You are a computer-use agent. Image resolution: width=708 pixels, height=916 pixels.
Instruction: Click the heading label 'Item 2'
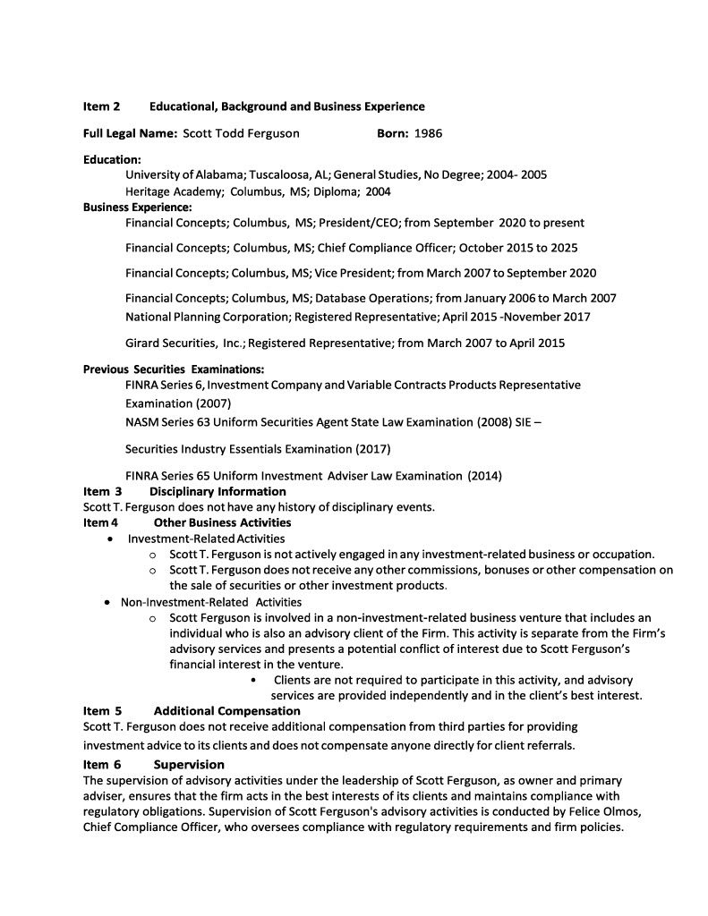101,106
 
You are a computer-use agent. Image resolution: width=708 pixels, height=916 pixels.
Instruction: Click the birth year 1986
428,134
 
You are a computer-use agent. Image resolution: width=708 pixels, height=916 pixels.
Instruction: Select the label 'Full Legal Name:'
130,134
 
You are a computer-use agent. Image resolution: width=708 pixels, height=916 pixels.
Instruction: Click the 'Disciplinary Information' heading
218,491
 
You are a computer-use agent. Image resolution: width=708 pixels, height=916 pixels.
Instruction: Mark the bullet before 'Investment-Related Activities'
109,539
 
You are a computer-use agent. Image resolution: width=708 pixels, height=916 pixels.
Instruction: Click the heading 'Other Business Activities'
222,522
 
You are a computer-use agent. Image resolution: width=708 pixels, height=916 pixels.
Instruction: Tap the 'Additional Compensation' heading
226,711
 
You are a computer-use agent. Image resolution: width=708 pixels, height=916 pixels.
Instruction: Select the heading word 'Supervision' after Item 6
189,765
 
